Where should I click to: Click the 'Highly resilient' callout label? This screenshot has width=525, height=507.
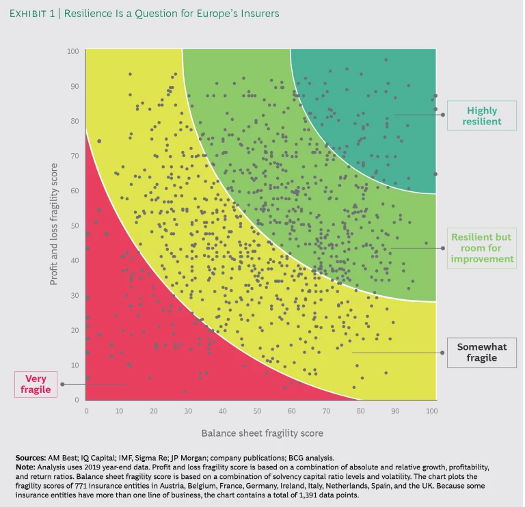pos(481,116)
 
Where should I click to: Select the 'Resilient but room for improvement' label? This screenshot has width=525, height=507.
pos(481,248)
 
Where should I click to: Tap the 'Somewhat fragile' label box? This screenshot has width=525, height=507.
pos(481,353)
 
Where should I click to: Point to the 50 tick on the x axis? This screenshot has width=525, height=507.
pos(257,411)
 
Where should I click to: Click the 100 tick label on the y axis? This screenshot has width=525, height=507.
pos(73,51)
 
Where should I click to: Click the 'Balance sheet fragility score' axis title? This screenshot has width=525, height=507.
pos(262,433)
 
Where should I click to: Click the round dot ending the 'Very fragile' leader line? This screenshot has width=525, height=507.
pos(62,384)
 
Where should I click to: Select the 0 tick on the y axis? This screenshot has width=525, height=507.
pos(77,400)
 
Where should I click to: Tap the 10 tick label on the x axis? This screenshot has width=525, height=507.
pos(120,411)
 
